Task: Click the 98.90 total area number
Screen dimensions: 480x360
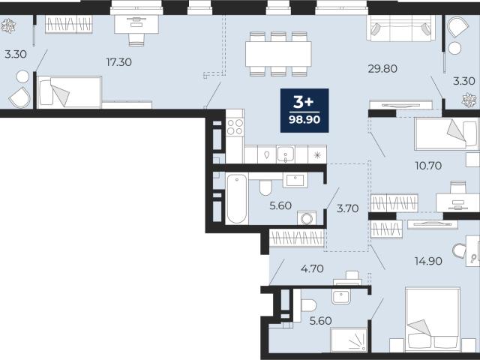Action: (x=304, y=119)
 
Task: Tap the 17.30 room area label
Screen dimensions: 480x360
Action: (x=118, y=62)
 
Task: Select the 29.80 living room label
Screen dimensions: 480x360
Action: (x=382, y=68)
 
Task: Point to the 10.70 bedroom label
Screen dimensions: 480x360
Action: (x=428, y=166)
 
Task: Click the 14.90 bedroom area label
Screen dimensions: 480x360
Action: (x=428, y=261)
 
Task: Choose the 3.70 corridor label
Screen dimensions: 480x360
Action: (x=347, y=208)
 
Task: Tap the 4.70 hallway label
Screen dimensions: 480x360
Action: (x=312, y=268)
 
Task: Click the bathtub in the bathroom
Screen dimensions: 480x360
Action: (x=237, y=198)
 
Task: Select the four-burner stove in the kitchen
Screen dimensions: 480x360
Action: (x=235, y=127)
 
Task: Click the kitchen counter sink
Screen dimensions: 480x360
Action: (x=285, y=154)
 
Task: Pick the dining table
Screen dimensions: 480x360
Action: (x=278, y=54)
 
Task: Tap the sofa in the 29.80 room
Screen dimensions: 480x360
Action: (x=401, y=28)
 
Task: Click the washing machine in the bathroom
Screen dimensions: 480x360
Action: (x=307, y=218)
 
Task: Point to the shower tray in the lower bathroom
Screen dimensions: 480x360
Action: (x=349, y=340)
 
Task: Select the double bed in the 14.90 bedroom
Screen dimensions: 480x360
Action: (x=433, y=319)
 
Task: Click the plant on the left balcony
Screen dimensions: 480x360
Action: (x=8, y=26)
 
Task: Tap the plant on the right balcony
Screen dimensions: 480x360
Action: (x=469, y=100)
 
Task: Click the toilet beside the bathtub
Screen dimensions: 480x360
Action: (x=265, y=187)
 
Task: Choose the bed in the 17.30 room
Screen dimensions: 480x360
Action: (x=69, y=92)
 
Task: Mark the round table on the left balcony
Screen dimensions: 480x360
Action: (x=22, y=76)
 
